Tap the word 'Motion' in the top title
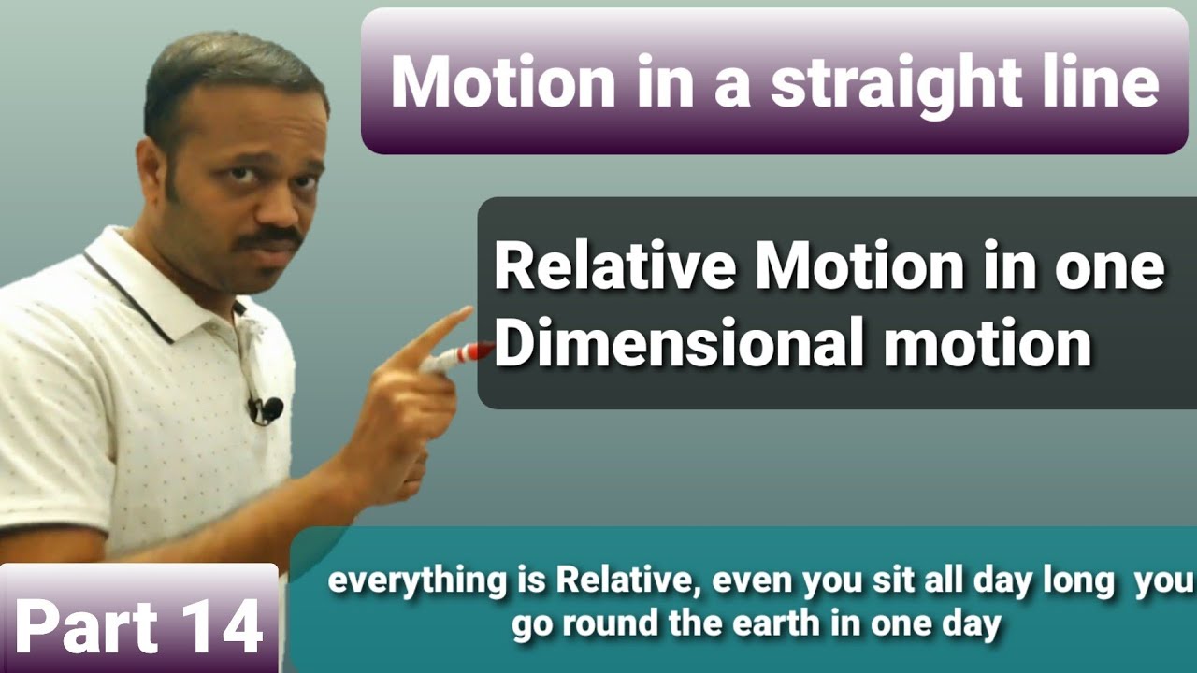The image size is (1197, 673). [502, 82]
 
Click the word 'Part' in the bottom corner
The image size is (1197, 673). [84, 625]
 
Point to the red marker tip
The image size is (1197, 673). [478, 352]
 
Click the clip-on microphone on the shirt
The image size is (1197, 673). [267, 408]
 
